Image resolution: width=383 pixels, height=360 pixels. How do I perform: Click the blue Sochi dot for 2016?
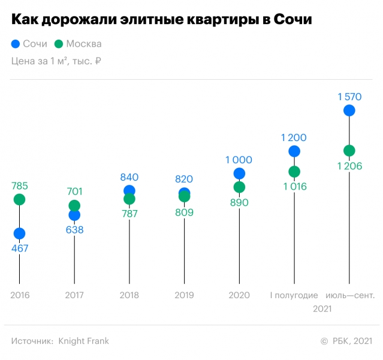19,233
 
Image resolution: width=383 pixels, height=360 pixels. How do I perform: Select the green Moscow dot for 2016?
19,199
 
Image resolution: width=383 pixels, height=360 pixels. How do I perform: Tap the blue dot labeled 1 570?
349,110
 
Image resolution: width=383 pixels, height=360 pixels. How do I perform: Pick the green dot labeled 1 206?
349,151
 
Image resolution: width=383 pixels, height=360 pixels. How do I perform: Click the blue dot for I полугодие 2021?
294,151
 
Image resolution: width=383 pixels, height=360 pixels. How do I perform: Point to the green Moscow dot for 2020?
239,187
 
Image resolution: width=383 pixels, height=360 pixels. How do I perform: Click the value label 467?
19,248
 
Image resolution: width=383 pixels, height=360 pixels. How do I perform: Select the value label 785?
19,185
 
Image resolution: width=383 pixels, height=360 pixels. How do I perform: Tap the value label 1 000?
239,160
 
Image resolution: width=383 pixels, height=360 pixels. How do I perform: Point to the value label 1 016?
294,186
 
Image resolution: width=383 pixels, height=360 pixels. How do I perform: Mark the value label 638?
74,229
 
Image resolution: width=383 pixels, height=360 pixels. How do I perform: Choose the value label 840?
129,177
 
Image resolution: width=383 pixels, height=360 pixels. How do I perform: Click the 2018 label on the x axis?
129,295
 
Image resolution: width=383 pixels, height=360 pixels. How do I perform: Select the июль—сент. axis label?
349,295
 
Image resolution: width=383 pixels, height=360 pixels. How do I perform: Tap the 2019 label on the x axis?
184,295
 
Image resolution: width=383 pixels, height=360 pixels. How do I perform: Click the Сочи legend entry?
29,44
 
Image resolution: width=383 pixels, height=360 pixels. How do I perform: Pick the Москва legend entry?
77,44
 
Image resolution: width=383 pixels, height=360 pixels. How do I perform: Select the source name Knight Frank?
83,341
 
